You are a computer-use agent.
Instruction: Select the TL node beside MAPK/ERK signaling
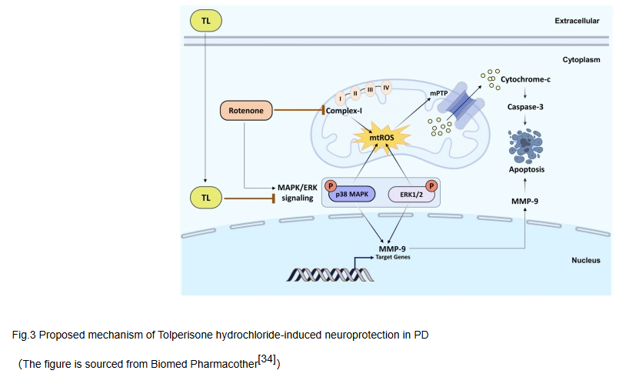pyautogui.click(x=205, y=199)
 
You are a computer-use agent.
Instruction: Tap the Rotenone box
pyautogui.click(x=246, y=112)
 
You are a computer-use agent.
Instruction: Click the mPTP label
pyautogui.click(x=438, y=94)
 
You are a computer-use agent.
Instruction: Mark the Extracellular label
pyautogui.click(x=577, y=20)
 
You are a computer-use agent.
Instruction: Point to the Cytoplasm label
pyautogui.click(x=581, y=59)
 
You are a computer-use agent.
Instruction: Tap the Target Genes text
pyautogui.click(x=393, y=258)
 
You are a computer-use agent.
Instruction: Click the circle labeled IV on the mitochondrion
pyautogui.click(x=386, y=87)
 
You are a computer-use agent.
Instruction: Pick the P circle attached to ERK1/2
pyautogui.click(x=431, y=185)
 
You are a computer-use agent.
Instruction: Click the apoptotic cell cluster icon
pyautogui.click(x=525, y=144)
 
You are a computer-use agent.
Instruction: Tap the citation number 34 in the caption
pyautogui.click(x=268, y=358)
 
